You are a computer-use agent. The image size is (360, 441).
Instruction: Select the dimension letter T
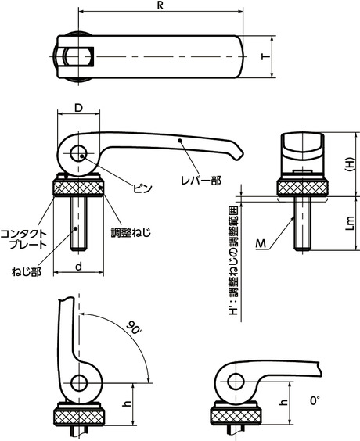[265, 58]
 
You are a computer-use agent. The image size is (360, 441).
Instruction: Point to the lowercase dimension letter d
[80, 267]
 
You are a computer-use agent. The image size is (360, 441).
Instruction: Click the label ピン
[142, 188]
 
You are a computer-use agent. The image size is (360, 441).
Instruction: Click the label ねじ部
[26, 271]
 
